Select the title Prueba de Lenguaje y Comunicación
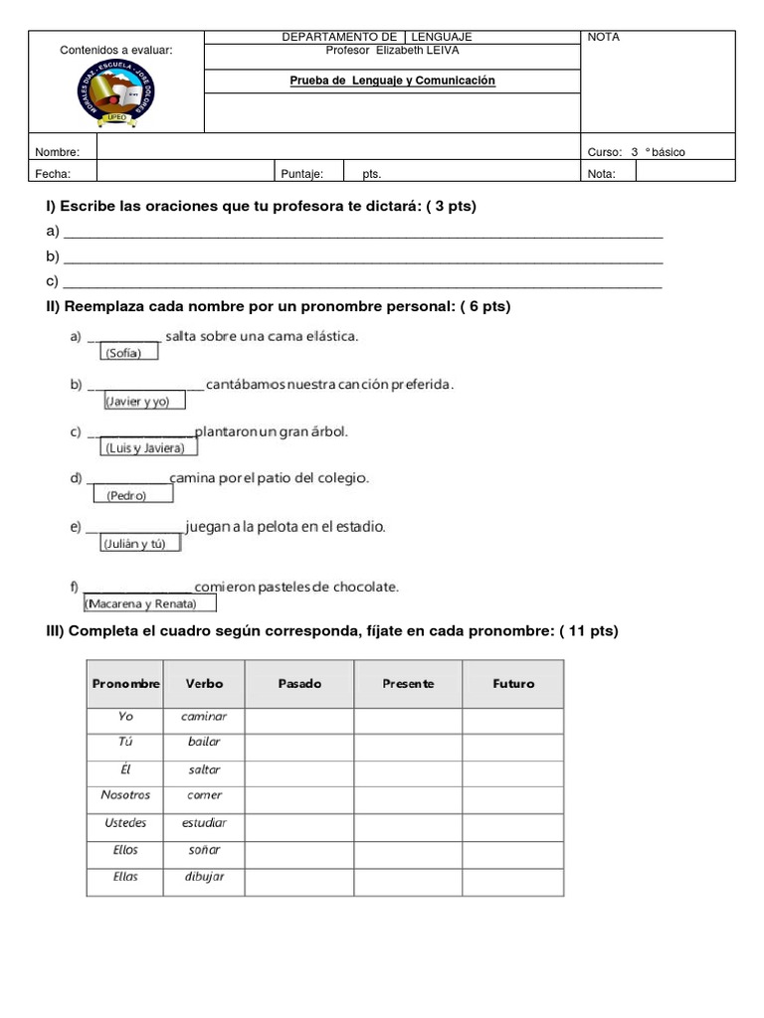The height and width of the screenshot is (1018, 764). click(392, 81)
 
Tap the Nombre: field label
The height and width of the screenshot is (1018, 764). click(57, 152)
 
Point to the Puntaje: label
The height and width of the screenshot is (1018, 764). click(302, 173)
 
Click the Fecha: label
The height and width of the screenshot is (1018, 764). click(53, 173)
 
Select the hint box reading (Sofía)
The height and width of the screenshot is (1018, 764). click(125, 353)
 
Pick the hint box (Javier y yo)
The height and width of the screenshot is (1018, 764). click(137, 401)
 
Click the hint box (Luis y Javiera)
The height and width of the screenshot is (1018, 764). click(144, 448)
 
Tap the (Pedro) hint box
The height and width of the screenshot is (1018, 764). click(127, 495)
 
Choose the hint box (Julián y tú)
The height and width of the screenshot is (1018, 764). click(139, 543)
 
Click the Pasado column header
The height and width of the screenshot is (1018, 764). click(299, 684)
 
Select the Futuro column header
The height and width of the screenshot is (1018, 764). click(513, 684)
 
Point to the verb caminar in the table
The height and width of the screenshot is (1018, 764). click(205, 716)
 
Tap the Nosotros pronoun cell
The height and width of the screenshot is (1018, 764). click(125, 795)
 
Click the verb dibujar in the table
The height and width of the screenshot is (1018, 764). click(205, 877)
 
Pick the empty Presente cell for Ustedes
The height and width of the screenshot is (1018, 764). click(408, 823)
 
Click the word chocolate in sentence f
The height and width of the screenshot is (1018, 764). click(364, 587)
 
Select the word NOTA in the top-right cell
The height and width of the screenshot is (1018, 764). click(604, 37)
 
